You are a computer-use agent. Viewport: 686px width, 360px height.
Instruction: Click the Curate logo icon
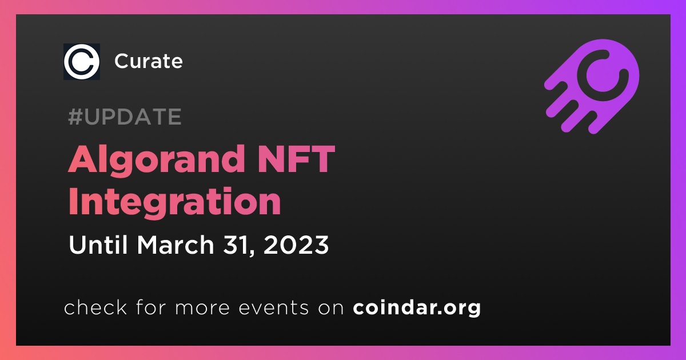point(81,62)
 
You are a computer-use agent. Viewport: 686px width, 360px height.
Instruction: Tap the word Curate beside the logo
point(149,61)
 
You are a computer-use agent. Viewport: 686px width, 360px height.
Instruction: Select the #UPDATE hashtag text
point(125,117)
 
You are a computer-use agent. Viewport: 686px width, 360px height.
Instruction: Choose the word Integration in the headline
point(174,203)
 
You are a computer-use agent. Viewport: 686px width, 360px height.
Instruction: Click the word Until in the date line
point(98,245)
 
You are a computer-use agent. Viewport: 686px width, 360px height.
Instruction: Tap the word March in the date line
point(176,245)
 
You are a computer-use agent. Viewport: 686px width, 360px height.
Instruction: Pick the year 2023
point(296,245)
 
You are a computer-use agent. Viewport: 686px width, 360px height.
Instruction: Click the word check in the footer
point(95,307)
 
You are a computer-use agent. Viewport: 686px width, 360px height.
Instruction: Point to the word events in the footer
point(273,307)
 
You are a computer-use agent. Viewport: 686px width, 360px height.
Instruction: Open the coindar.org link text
point(417,307)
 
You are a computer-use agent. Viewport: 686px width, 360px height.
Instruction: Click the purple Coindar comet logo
point(592,86)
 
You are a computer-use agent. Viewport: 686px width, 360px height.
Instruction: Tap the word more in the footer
point(202,308)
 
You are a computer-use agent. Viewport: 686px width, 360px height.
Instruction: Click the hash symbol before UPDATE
point(75,117)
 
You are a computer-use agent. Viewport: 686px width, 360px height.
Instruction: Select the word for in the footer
point(151,307)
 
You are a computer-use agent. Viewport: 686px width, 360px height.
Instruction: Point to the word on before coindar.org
point(331,308)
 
